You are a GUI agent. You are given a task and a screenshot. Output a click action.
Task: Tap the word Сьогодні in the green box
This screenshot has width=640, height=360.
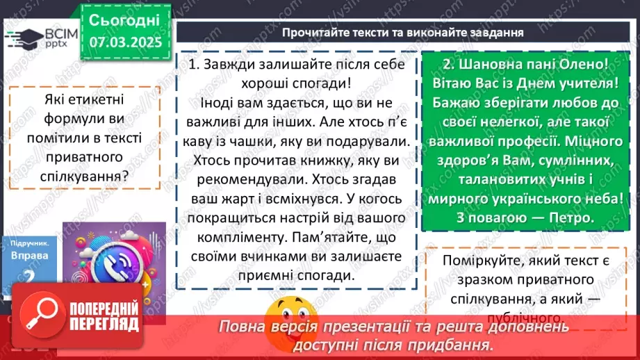coord(124,19)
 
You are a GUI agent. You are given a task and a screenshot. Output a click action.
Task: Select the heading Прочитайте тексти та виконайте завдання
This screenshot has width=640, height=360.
coord(403,33)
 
